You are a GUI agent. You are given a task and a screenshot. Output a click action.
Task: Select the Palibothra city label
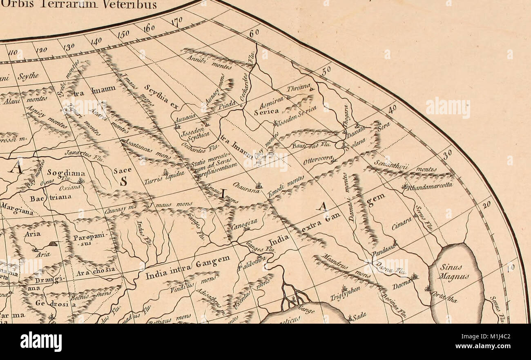click(x=251, y=263)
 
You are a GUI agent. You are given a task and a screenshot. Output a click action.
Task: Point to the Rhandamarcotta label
click(x=429, y=186)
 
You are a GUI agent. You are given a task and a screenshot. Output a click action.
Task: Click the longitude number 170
click(x=176, y=22)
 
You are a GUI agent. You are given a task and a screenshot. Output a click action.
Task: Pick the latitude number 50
click(x=326, y=71)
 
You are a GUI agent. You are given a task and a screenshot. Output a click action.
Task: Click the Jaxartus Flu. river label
click(x=79, y=153)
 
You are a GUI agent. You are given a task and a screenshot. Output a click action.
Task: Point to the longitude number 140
click(x=96, y=41)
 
